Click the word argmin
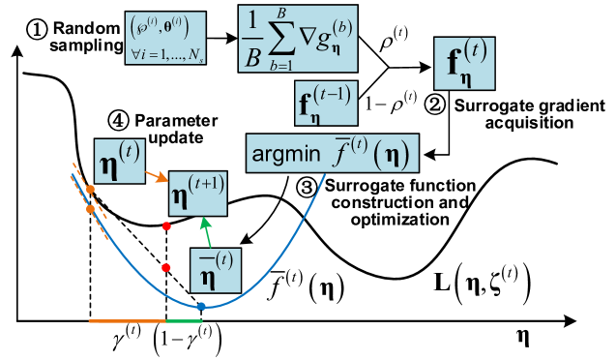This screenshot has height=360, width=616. point(285,155)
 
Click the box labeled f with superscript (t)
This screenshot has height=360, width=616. point(465,65)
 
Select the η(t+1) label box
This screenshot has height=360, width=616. point(197,194)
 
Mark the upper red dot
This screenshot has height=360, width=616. point(166,226)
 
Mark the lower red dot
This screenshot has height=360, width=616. point(166,267)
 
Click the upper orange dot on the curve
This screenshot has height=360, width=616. point(90,189)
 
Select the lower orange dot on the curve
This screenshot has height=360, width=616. point(90,208)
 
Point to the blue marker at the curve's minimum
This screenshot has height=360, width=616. point(201,307)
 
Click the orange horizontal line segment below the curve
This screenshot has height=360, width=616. point(127,320)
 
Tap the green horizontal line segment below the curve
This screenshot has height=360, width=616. point(184,320)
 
